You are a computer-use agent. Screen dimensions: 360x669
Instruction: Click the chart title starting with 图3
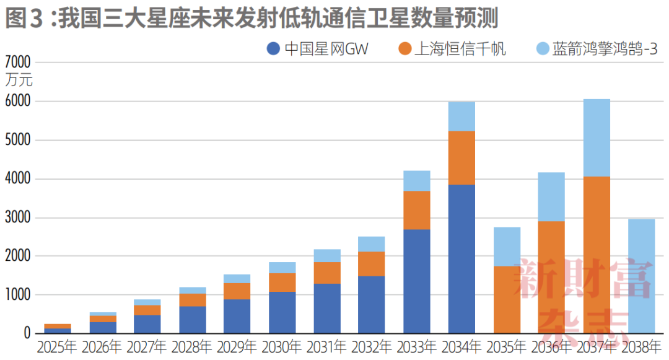(x=251, y=19)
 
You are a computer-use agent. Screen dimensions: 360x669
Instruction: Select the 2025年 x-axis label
(x=57, y=346)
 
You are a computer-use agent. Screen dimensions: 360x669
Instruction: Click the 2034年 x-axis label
(x=461, y=346)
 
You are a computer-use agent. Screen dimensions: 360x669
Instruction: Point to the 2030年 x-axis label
(x=282, y=346)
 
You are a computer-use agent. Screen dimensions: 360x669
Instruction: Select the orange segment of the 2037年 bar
(x=596, y=255)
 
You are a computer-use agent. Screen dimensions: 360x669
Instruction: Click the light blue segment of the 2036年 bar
(x=551, y=197)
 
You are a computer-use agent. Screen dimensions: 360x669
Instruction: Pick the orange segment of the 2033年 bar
(x=416, y=210)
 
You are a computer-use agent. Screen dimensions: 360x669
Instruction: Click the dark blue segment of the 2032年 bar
(x=372, y=304)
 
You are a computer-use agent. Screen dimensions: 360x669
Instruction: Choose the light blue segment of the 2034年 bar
(x=461, y=116)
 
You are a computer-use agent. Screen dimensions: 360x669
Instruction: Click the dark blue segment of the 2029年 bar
(x=237, y=316)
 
